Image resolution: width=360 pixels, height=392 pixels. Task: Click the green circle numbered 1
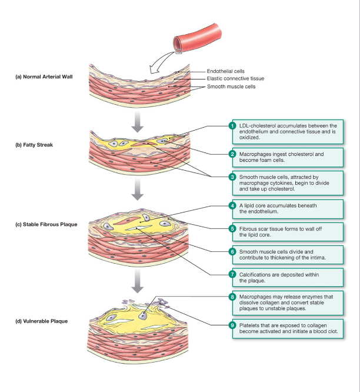232,125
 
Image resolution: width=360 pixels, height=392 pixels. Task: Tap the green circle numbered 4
232,205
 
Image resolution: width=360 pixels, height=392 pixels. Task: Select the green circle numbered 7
232,274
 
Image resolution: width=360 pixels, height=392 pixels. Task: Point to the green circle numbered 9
232,324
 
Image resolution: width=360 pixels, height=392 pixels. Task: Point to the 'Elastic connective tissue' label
235,78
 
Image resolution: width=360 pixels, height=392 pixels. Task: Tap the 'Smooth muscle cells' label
231,87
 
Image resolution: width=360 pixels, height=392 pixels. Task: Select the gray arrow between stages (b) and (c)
137,188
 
